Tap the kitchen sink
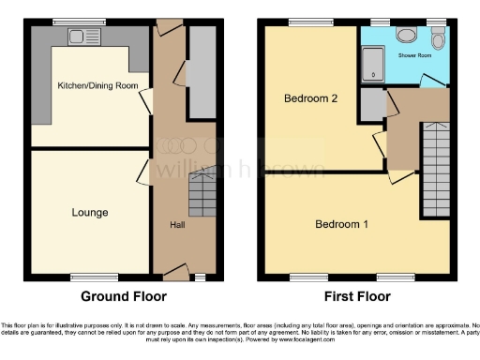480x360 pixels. [77, 37]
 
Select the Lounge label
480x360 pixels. [90, 213]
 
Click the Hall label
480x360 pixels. [176, 225]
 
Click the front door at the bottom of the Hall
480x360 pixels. [174, 272]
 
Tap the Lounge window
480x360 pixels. [95, 277]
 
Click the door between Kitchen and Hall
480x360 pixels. [145, 100]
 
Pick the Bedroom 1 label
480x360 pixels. [341, 224]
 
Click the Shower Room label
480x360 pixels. [416, 55]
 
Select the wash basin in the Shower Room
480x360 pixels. [407, 35]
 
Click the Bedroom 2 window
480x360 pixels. [301, 22]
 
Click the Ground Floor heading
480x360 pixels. [123, 297]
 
